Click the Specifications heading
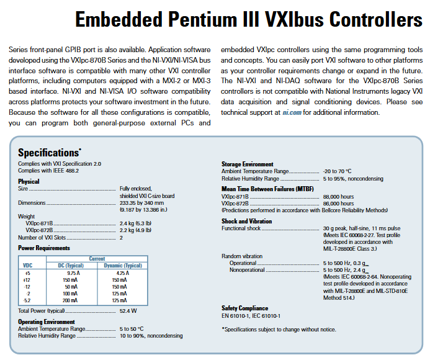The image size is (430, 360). click(x=48, y=152)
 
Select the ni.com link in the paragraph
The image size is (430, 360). click(x=291, y=112)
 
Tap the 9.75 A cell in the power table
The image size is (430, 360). click(x=73, y=272)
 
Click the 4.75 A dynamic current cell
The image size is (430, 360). click(x=122, y=272)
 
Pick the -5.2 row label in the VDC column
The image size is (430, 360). click(x=27, y=300)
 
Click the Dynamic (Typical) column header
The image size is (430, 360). click(x=122, y=266)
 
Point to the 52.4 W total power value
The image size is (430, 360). click(x=128, y=310)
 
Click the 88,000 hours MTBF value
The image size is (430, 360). click(x=338, y=196)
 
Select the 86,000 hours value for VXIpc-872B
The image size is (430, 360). click(x=338, y=203)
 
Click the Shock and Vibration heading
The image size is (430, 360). click(x=246, y=221)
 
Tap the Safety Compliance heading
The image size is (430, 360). click(x=245, y=308)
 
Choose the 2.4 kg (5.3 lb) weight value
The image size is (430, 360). click(x=135, y=223)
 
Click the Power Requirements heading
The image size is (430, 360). click(x=44, y=248)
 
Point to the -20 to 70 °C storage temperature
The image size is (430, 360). click(x=337, y=171)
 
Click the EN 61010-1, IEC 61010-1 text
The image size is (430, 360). click(x=251, y=315)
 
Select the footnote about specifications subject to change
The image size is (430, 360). click(x=279, y=330)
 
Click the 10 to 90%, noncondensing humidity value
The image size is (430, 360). click(x=151, y=336)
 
